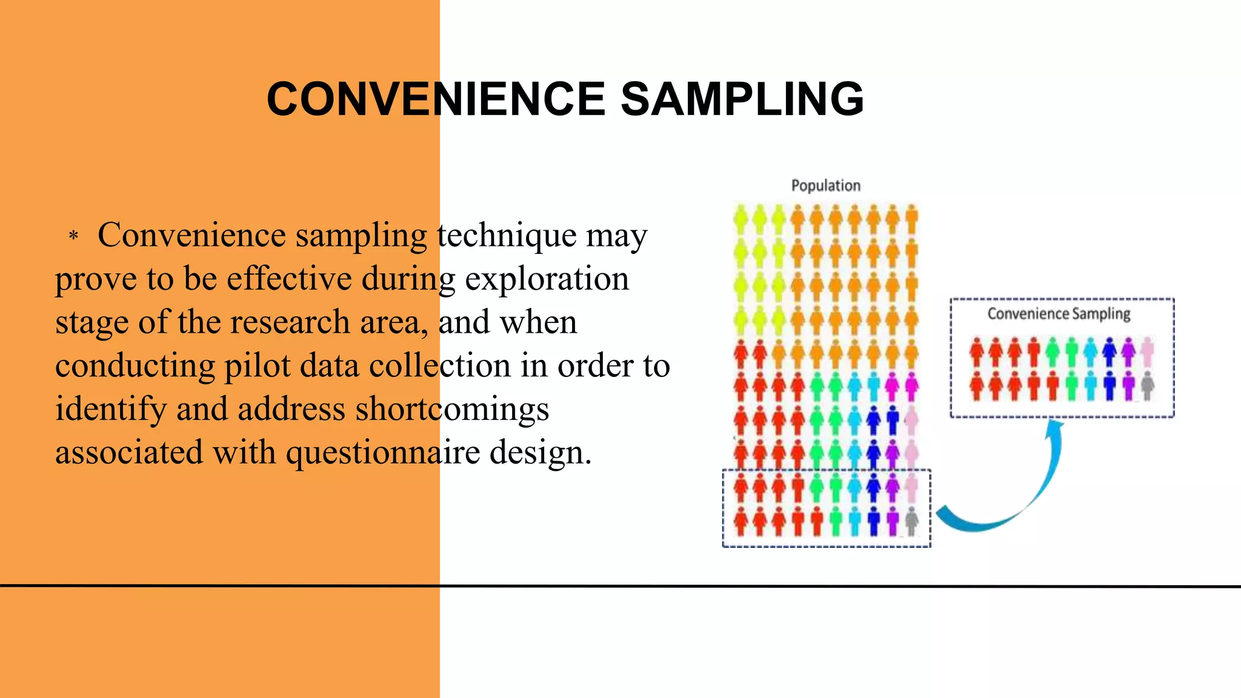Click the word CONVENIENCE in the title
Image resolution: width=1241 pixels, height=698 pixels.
click(x=436, y=99)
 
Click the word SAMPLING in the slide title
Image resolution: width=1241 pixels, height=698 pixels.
click(x=742, y=99)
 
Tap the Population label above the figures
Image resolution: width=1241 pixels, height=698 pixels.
click(x=825, y=185)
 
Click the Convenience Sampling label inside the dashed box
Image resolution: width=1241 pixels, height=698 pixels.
click(x=1059, y=313)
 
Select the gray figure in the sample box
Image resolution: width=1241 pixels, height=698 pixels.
click(x=1147, y=385)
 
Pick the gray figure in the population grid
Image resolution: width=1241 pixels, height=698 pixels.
click(x=911, y=520)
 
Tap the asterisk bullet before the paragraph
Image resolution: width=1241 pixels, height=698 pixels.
click(x=73, y=236)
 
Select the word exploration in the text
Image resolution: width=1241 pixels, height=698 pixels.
click(x=547, y=279)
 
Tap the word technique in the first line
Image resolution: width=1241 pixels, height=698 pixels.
click(x=506, y=235)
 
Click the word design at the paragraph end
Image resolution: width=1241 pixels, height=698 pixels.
click(x=540, y=452)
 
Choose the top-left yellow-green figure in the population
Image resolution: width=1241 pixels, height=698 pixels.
click(x=740, y=219)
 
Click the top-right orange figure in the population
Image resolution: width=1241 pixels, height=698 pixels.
click(x=911, y=219)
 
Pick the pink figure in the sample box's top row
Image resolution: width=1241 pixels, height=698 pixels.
click(x=1147, y=352)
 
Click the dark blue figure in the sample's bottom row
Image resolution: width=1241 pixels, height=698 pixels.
click(x=1109, y=385)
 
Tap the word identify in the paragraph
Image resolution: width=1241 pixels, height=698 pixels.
click(x=111, y=409)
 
